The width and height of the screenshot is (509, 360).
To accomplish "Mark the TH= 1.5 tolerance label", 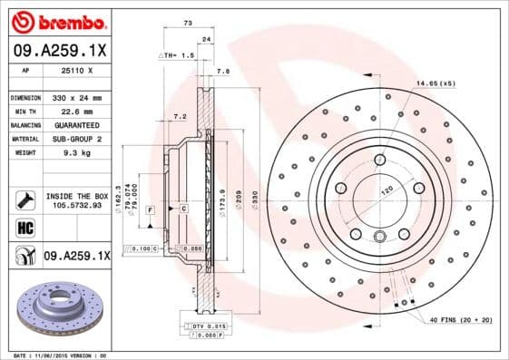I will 178,55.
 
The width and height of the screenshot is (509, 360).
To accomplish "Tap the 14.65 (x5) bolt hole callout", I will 436,83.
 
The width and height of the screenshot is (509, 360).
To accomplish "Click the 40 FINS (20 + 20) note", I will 462,319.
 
